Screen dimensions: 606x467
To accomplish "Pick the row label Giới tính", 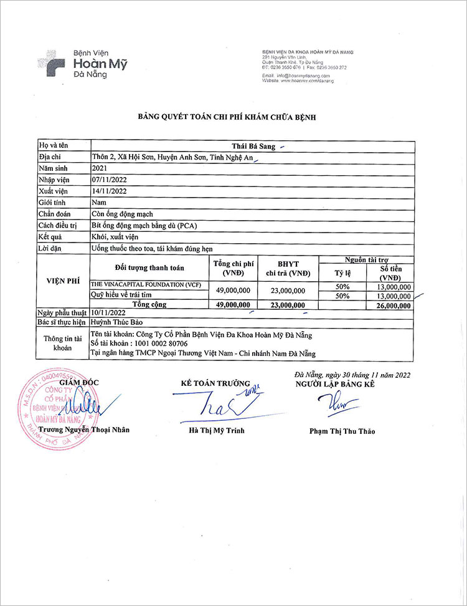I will [x=52, y=203].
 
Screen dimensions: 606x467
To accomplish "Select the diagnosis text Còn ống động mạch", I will [x=122, y=214].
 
